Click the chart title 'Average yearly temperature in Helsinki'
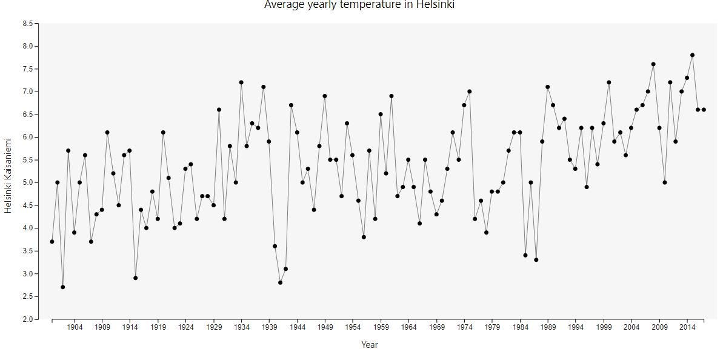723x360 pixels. click(359, 5)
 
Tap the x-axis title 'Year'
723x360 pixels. click(369, 345)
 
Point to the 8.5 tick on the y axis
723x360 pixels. click(28, 24)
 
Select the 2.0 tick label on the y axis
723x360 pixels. click(28, 319)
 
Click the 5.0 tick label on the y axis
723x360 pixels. click(28, 182)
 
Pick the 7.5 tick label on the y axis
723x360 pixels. click(28, 69)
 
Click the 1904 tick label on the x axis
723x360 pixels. click(75, 327)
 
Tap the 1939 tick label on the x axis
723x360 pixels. click(269, 327)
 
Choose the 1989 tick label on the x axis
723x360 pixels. click(548, 327)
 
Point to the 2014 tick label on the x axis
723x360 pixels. click(687, 327)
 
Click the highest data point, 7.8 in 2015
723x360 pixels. click(692, 55)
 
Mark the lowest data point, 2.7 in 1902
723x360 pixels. click(63, 287)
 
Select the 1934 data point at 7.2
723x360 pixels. click(241, 82)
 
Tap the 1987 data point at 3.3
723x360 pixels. click(536, 260)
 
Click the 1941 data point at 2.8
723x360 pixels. click(280, 282)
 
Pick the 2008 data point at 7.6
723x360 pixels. click(653, 64)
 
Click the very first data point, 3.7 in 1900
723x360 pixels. click(52, 242)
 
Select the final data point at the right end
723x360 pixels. click(704, 110)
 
